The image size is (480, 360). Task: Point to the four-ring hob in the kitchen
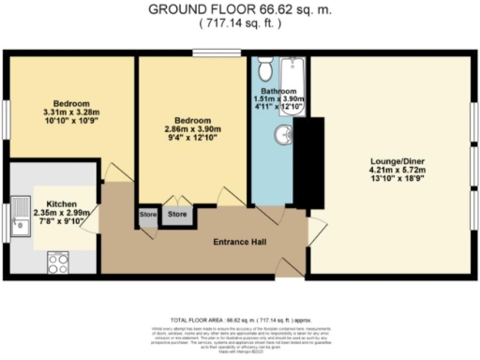click(x=57, y=260)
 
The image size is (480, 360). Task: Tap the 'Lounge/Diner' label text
click(x=391, y=158)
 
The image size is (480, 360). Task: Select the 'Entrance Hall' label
click(x=240, y=242)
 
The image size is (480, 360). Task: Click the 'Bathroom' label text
click(x=278, y=91)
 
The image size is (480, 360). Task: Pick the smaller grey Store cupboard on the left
click(x=148, y=215)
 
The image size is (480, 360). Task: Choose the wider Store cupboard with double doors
click(x=177, y=215)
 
